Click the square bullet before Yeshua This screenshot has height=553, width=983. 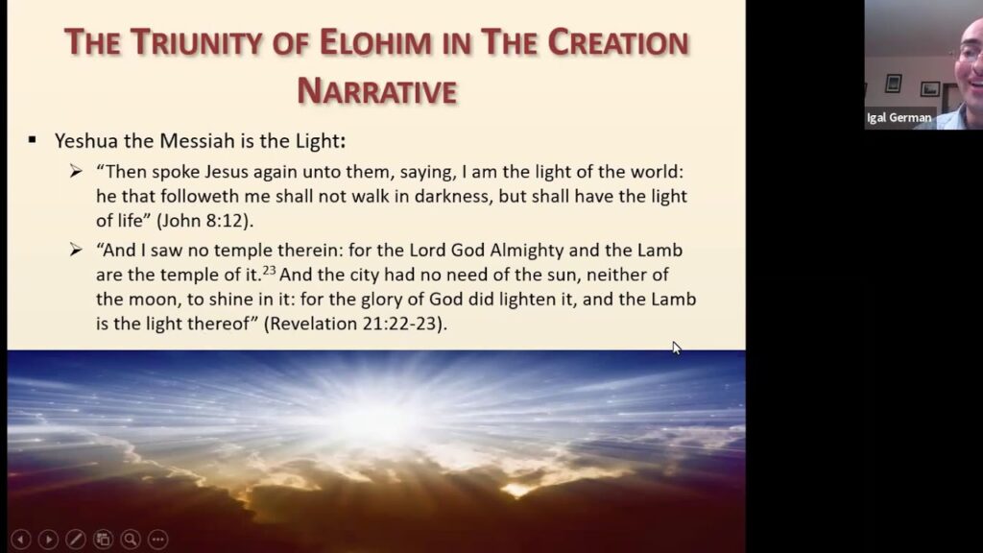pos(33,140)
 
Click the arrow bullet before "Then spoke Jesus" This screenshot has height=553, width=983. pos(77,171)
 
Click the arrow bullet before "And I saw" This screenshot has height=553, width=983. pos(77,250)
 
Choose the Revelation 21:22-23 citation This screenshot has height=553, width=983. pos(357,324)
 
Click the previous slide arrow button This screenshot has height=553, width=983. pos(19,540)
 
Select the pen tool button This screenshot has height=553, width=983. pos(75,540)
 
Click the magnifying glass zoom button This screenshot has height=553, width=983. pos(130,540)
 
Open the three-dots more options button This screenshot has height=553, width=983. pos(157,540)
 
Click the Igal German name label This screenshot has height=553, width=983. pos(899,118)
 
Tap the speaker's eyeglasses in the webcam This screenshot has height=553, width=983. pos(970,52)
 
